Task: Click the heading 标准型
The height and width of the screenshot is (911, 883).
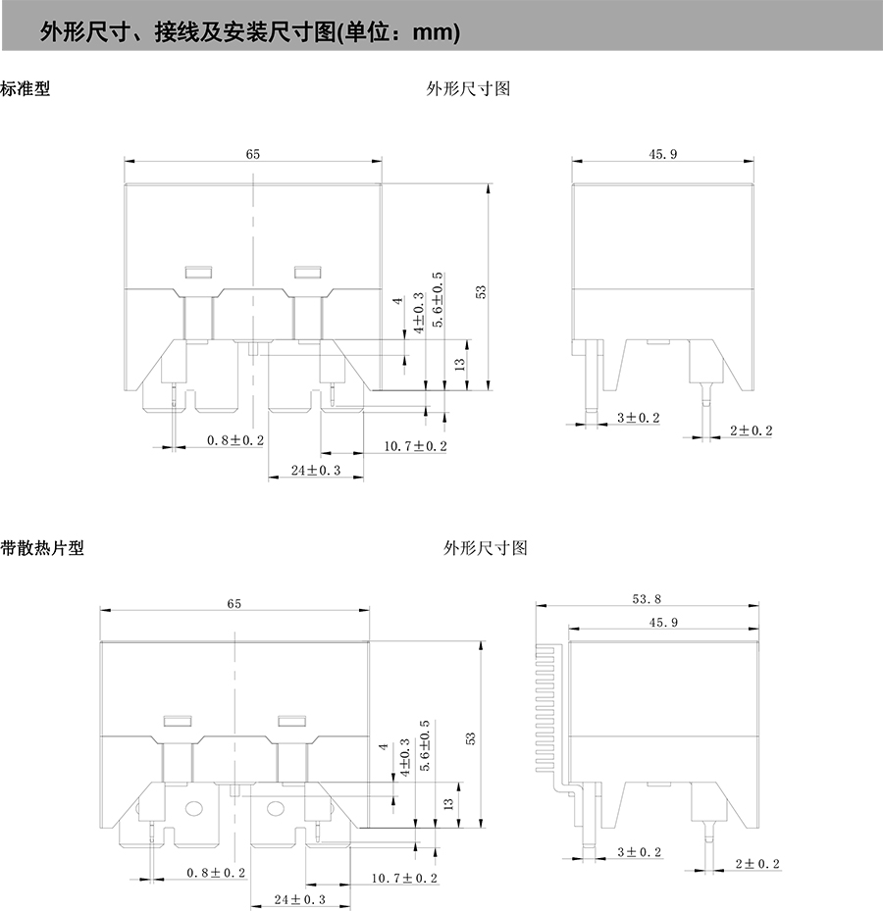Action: (26, 88)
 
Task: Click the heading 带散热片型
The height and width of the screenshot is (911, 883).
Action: (42, 547)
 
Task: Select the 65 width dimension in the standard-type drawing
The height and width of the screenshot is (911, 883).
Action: (252, 153)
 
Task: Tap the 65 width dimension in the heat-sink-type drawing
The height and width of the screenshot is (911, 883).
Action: (234, 604)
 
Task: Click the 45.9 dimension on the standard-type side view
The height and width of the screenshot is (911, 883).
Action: (662, 153)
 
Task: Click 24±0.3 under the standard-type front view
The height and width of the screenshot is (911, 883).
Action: (316, 471)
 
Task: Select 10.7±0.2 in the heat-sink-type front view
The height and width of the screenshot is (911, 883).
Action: (404, 878)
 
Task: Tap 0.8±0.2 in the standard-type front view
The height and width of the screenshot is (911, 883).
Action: (235, 440)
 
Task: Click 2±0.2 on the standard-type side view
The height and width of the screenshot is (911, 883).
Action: (751, 430)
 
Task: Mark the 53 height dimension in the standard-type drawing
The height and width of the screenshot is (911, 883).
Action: (481, 291)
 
